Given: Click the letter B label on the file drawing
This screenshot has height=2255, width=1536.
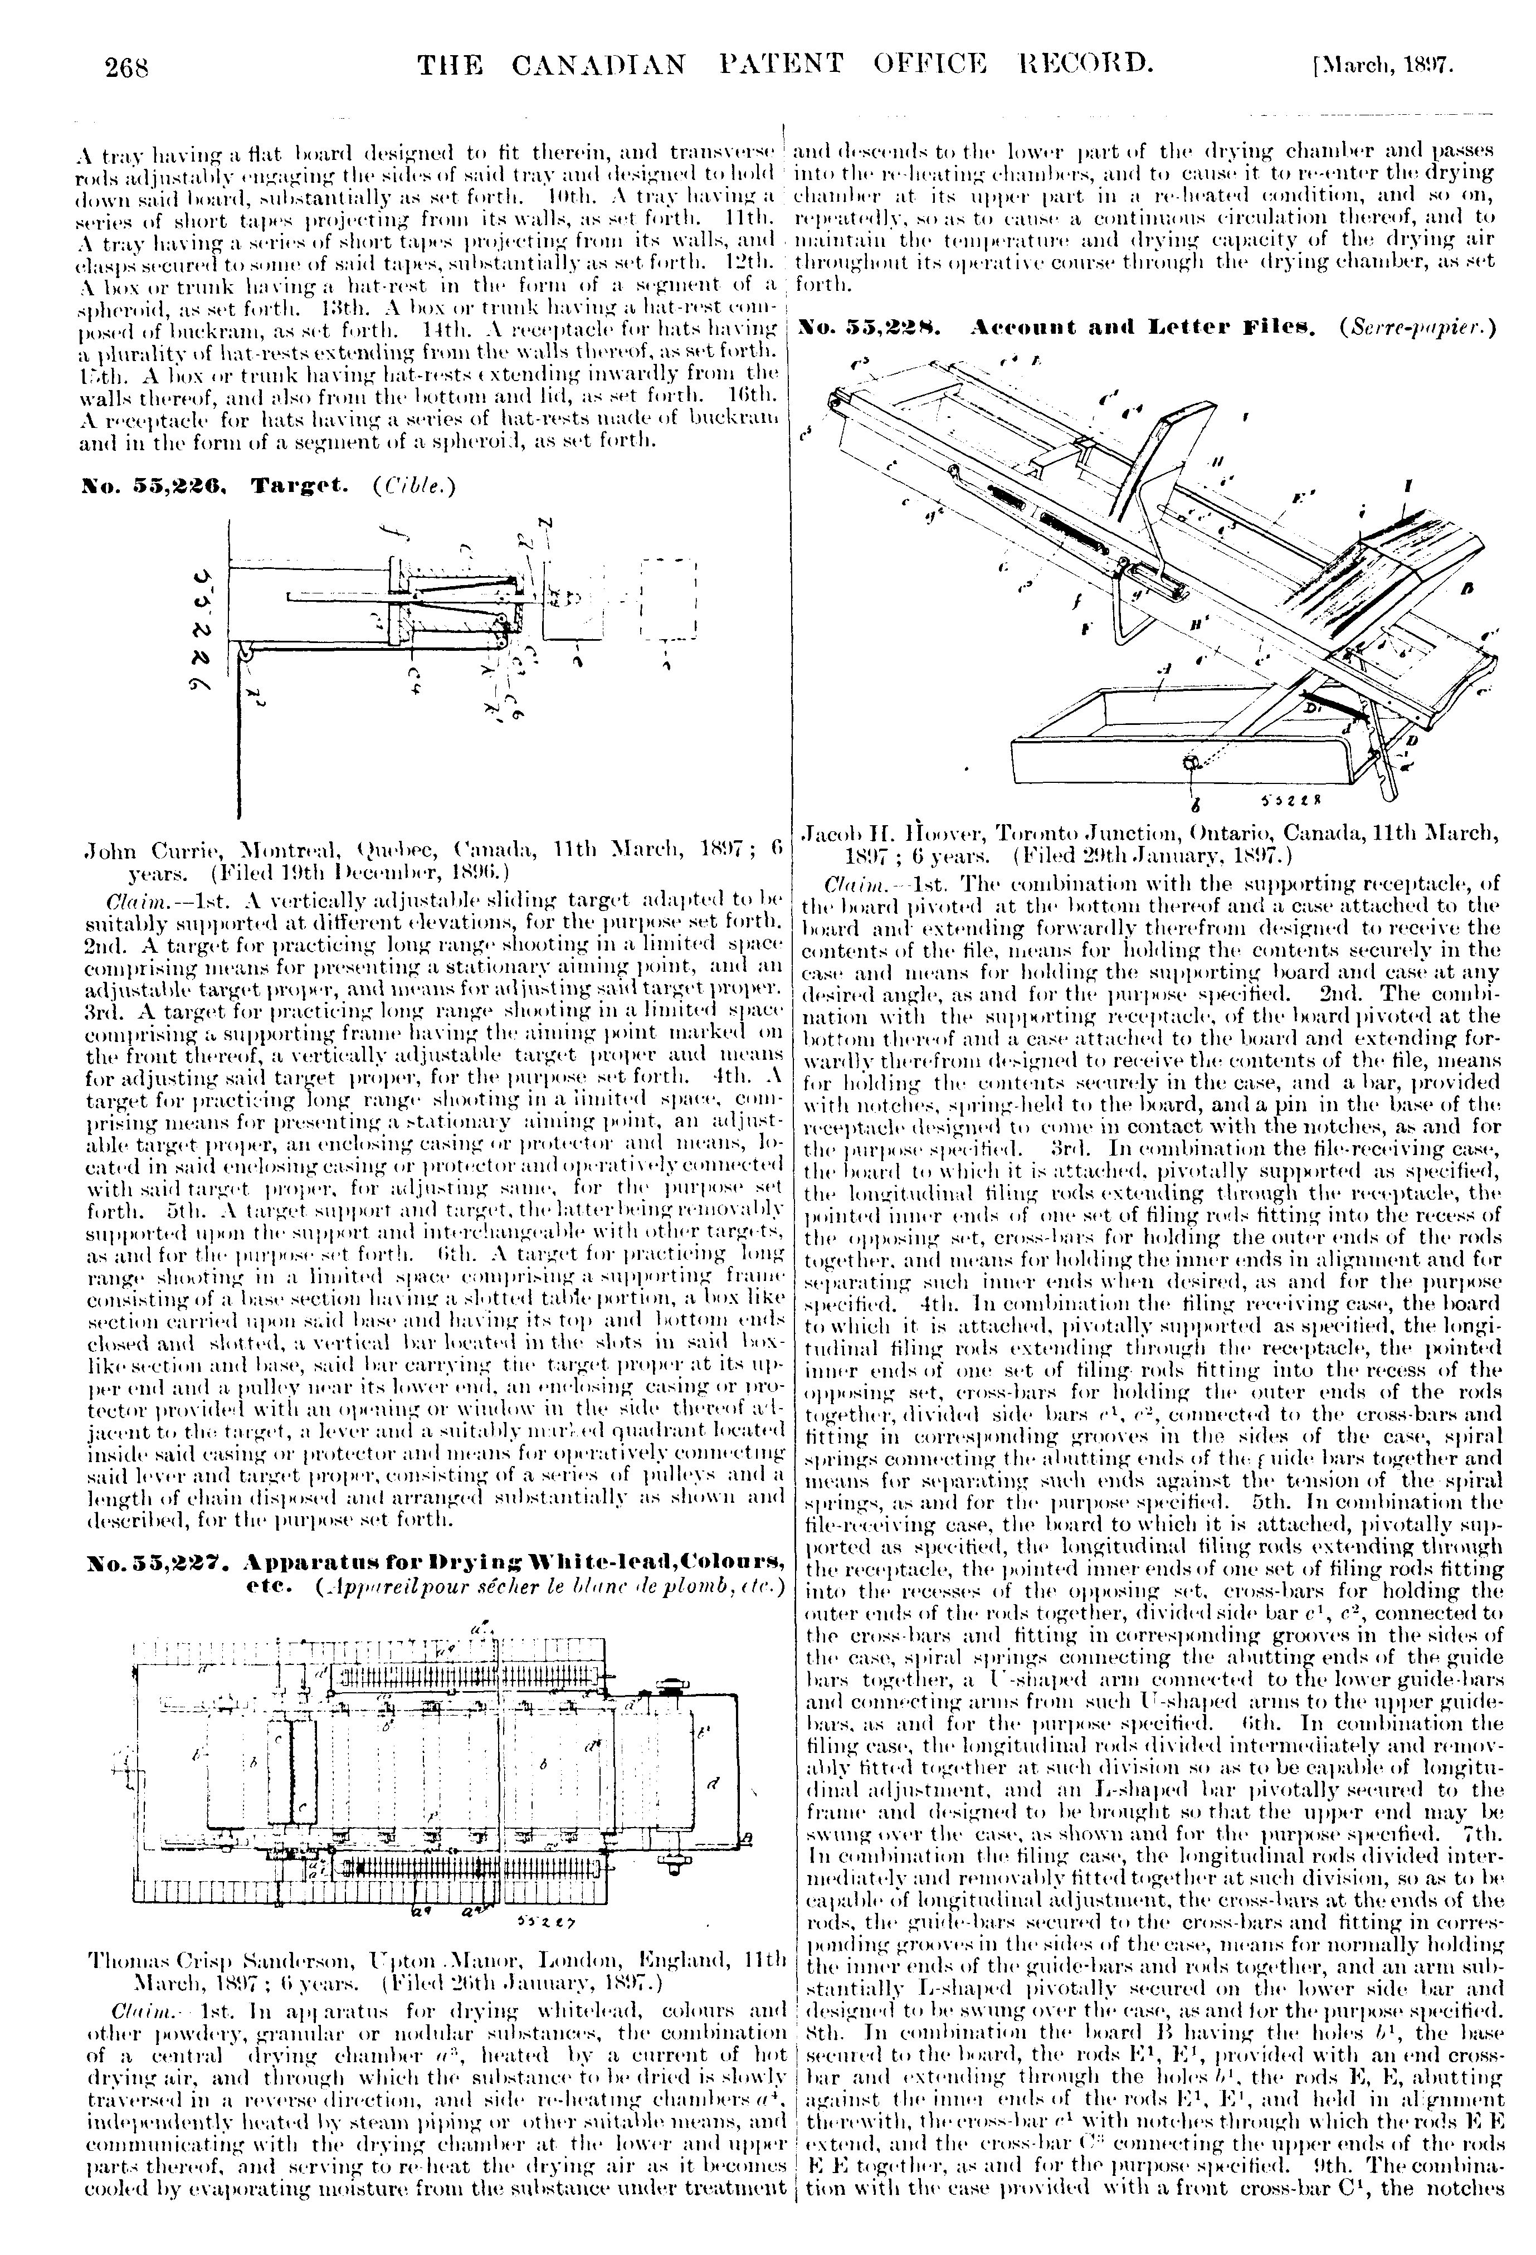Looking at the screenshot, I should click(1467, 588).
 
